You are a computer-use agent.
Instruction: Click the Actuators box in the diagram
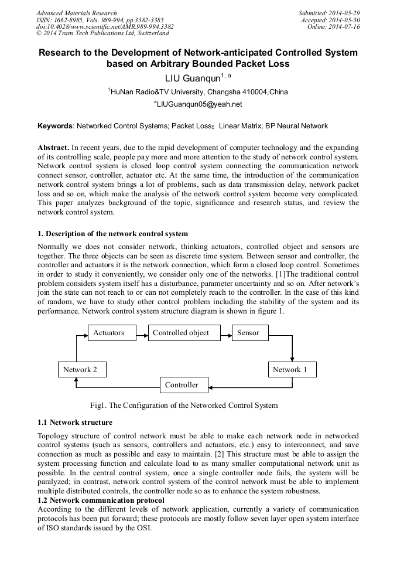click(109, 333)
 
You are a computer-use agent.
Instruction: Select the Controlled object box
click(180, 333)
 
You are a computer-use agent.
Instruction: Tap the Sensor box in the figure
click(248, 333)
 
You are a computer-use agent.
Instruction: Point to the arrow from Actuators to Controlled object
click(139, 333)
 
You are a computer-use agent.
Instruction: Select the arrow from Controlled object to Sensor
click(223, 333)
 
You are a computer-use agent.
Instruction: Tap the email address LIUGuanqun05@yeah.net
click(199, 104)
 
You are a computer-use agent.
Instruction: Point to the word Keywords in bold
click(55, 126)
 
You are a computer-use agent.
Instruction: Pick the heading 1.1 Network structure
click(75, 422)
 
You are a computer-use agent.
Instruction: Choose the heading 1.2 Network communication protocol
click(101, 500)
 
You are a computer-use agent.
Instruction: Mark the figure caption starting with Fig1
click(184, 405)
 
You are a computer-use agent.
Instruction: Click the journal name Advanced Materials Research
click(76, 13)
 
